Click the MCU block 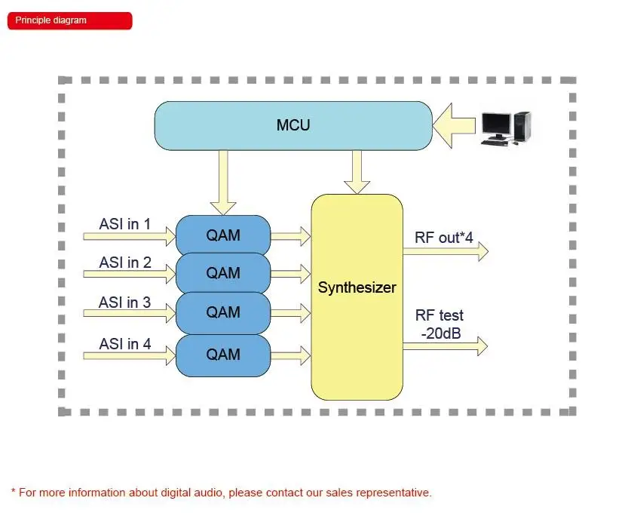[x=293, y=125]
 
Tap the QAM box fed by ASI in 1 [x=223, y=234]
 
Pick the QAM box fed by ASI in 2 [x=223, y=272]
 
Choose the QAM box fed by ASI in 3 [x=223, y=312]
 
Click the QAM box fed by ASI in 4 [x=223, y=355]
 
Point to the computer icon [x=506, y=127]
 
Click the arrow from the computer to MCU [x=455, y=125]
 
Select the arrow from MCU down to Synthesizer [x=357, y=171]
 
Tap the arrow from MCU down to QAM [x=223, y=182]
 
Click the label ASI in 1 [x=125, y=224]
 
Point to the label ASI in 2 [x=125, y=263]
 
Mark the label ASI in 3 [x=125, y=303]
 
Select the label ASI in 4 [x=125, y=344]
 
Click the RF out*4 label [x=444, y=238]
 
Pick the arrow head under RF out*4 [x=480, y=252]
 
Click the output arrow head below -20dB [x=480, y=346]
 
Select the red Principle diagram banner [x=69, y=20]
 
